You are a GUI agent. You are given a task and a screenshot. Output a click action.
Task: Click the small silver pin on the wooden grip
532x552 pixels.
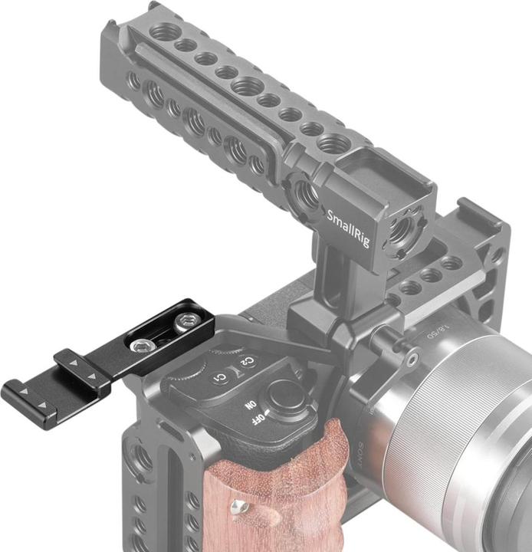[x=241, y=504]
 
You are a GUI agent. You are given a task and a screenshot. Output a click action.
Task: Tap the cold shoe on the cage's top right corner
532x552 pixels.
[x=472, y=226]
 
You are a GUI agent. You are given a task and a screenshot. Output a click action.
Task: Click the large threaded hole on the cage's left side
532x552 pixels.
[x=143, y=461]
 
